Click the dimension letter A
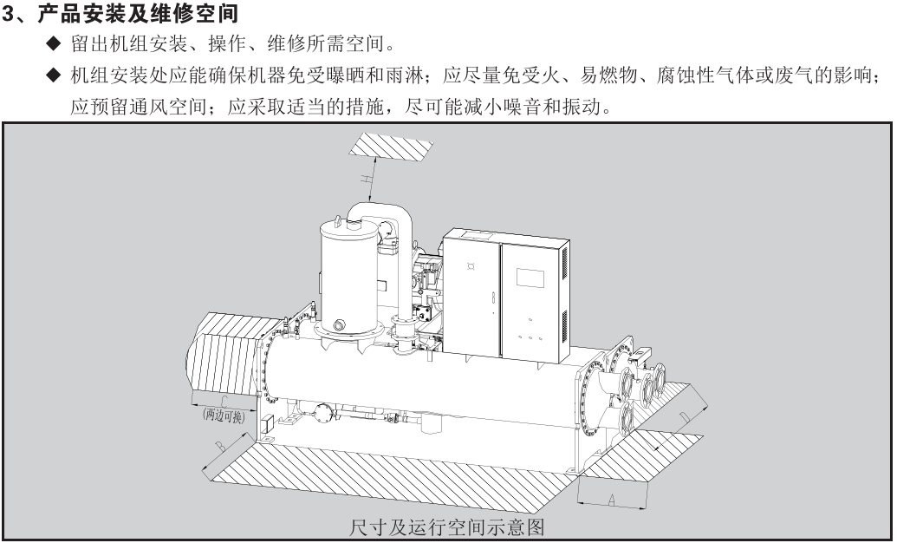[x=611, y=499]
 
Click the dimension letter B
[x=221, y=446]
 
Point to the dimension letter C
[x=224, y=402]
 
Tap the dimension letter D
[x=684, y=419]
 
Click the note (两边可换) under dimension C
[x=223, y=415]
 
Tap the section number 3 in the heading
[x=8, y=15]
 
